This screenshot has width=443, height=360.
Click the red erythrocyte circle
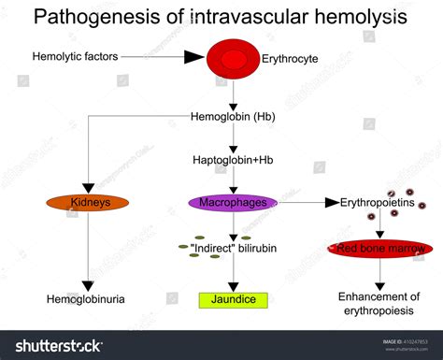[x=233, y=57]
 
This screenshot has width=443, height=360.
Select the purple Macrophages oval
[x=234, y=202]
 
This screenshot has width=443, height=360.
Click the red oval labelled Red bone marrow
[x=380, y=249]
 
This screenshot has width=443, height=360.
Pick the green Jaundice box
[x=233, y=300]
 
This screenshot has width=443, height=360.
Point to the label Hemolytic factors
[x=75, y=57]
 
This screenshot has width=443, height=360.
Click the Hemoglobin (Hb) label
[x=233, y=119]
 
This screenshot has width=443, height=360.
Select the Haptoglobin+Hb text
[x=233, y=159]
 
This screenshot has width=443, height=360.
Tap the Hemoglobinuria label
[x=86, y=299]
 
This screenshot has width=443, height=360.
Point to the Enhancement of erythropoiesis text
[x=379, y=303]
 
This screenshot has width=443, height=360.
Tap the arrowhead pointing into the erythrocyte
[x=194, y=57]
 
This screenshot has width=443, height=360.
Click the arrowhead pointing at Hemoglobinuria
[x=86, y=284]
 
